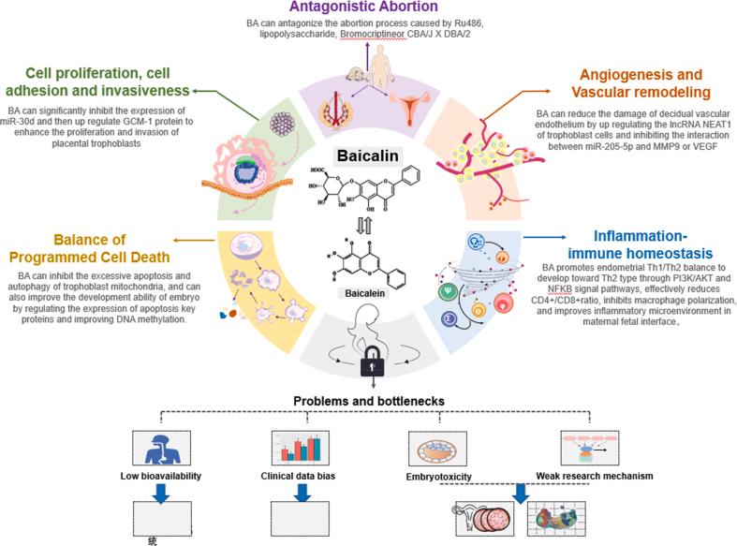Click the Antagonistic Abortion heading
pos(368,7)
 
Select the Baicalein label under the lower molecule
pos(368,293)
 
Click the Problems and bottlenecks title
pos(368,401)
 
